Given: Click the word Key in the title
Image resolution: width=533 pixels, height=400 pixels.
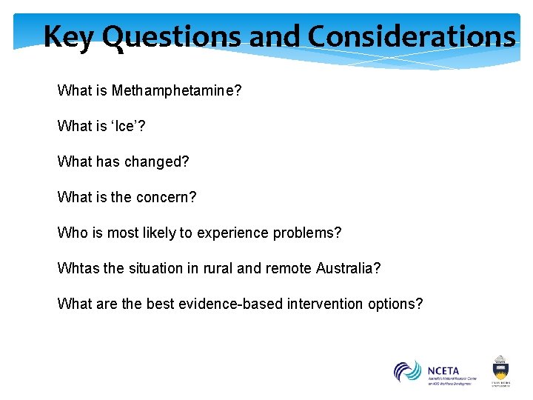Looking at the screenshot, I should (69, 36).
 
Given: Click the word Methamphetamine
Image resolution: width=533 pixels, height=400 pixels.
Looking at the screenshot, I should (177, 91).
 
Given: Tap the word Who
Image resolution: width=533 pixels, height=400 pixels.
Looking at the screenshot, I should (72, 233).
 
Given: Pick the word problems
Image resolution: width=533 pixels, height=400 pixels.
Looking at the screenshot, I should (309, 233).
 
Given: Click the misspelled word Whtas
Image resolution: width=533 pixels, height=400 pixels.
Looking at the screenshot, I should (78, 268).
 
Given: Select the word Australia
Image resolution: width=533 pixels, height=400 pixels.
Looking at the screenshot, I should (348, 268).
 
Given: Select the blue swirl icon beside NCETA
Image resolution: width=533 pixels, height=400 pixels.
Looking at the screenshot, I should (407, 370).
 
